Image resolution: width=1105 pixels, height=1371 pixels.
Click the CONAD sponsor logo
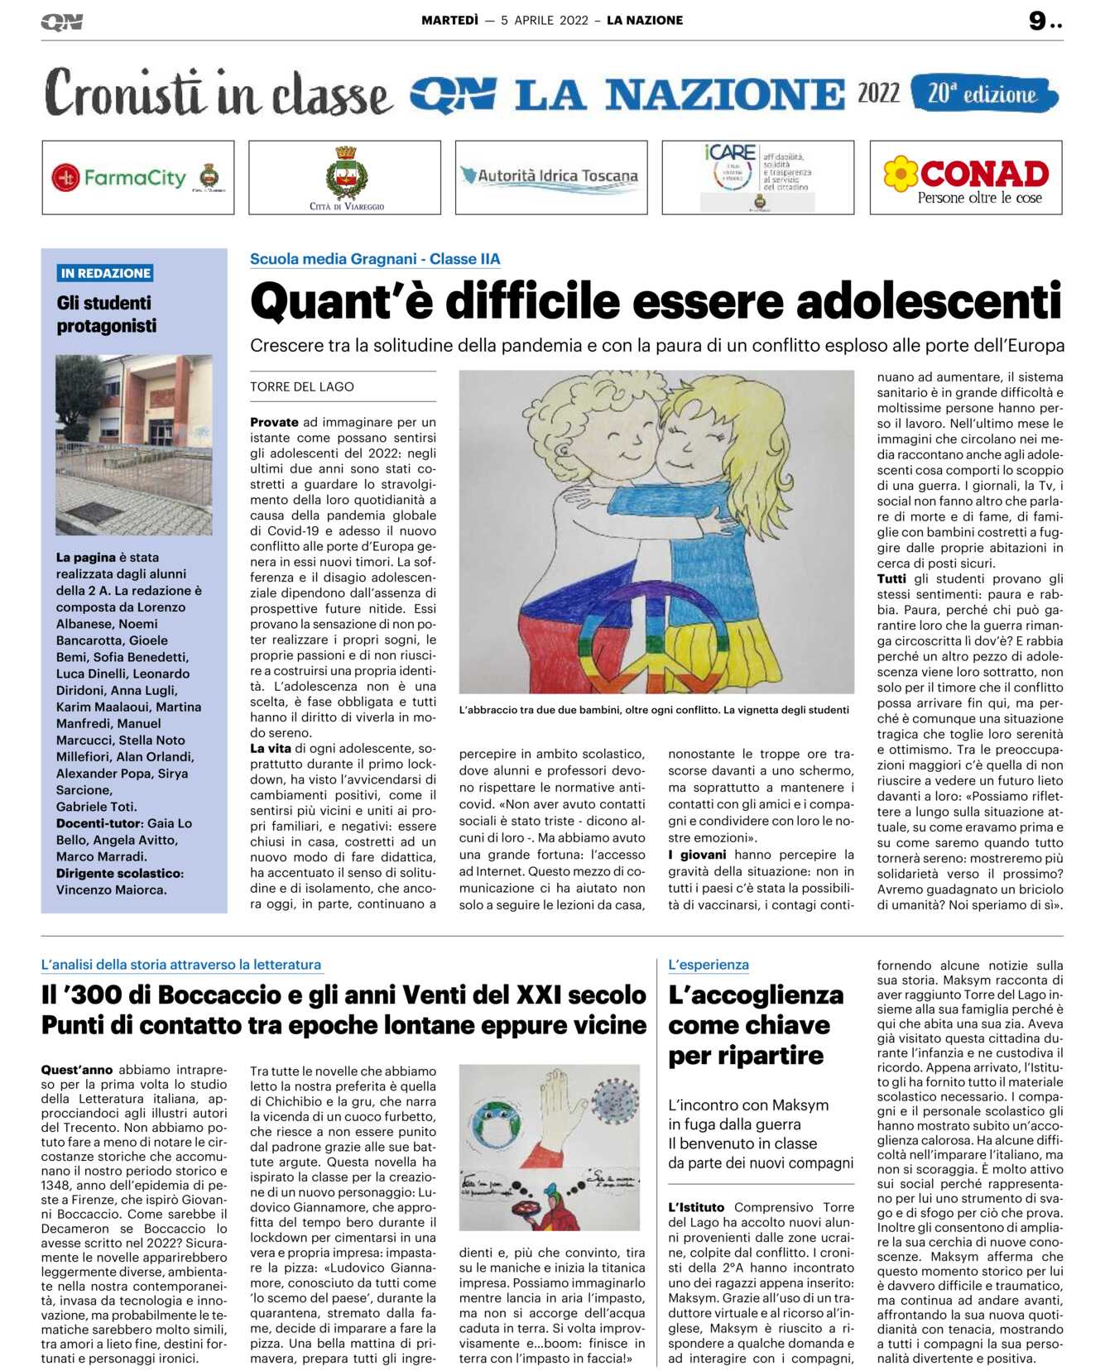tap(966, 178)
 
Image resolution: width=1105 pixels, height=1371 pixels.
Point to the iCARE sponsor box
tap(757, 177)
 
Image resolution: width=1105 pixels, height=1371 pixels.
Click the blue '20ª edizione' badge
tap(983, 93)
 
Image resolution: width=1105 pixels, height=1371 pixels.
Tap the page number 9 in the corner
tap(1038, 21)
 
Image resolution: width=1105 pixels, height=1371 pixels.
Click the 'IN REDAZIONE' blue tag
tap(106, 273)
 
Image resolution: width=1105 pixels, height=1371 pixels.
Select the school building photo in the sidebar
tap(134, 444)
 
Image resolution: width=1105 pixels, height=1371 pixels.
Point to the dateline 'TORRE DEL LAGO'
tap(302, 386)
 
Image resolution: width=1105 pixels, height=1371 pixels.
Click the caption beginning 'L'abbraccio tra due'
tap(654, 709)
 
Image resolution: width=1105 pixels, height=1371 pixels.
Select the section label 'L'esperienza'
tap(709, 964)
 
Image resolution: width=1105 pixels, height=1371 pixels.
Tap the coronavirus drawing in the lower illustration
tap(615, 1100)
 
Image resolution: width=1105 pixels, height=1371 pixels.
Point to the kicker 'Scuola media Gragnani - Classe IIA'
tap(375, 259)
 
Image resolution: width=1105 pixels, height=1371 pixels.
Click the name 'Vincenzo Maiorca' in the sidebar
tap(111, 889)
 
